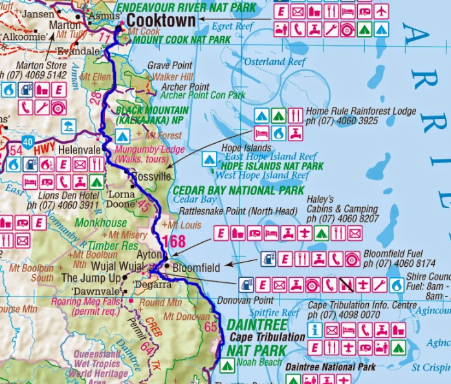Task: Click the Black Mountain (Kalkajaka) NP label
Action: pyautogui.click(x=152, y=115)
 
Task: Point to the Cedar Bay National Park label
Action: pyautogui.click(x=239, y=190)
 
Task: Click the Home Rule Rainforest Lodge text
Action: pyautogui.click(x=361, y=111)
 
